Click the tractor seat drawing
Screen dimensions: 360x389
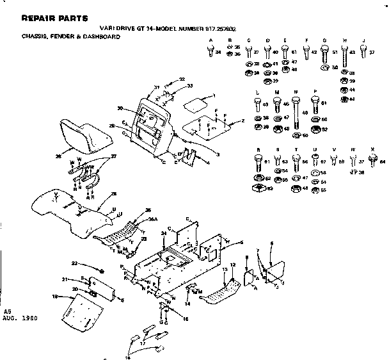pos(79,136)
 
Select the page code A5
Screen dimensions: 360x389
pos(8,311)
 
